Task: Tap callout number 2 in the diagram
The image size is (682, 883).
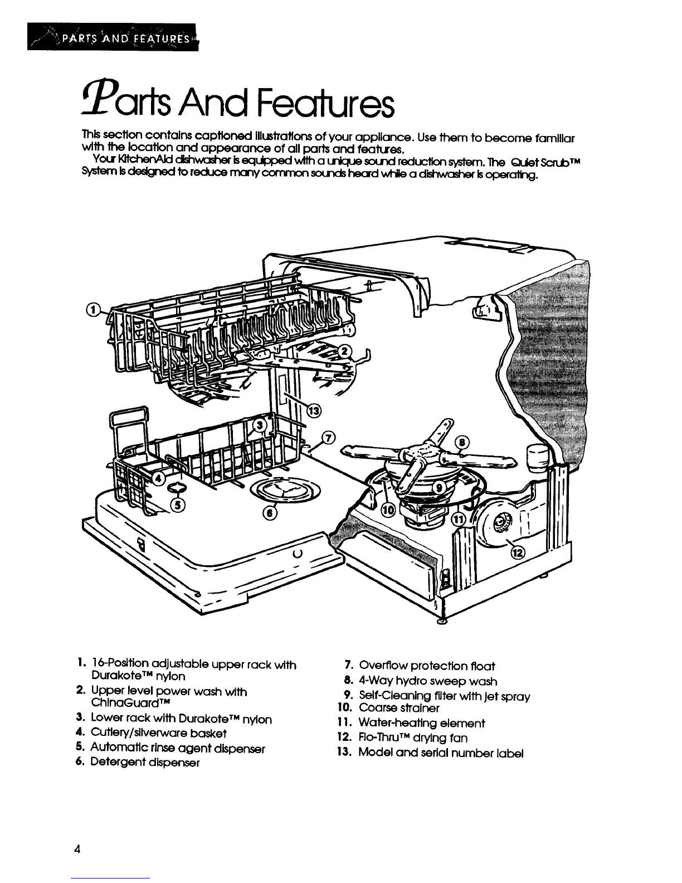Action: coord(345,351)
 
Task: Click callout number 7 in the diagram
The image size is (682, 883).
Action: coord(328,438)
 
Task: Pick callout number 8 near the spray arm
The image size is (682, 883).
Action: coord(462,444)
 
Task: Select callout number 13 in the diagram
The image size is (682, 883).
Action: coord(314,411)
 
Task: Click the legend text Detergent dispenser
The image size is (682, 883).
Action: coord(144,762)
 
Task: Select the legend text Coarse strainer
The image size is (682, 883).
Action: coord(399,708)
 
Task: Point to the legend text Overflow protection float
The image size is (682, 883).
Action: coord(427,666)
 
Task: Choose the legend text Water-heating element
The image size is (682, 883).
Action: coord(422,723)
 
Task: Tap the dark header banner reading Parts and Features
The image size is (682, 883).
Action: coord(112,38)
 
